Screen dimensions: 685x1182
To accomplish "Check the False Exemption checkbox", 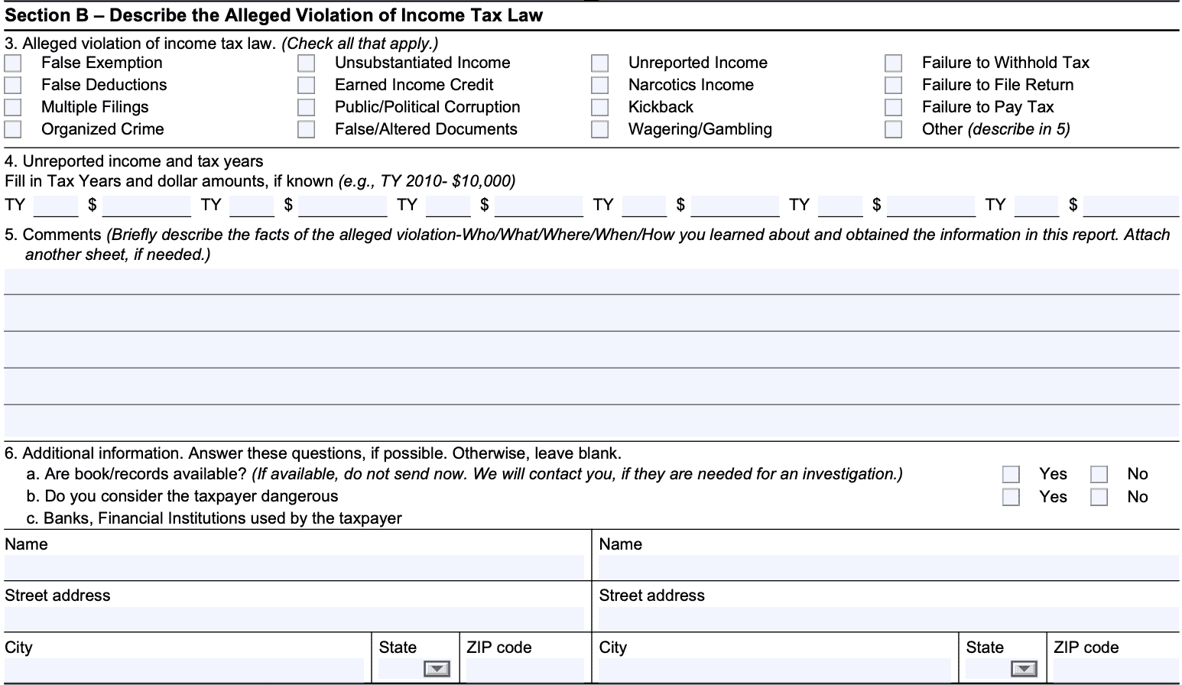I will tap(13, 63).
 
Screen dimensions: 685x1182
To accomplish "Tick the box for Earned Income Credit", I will tap(307, 85).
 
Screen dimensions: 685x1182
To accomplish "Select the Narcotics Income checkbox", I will tap(600, 85).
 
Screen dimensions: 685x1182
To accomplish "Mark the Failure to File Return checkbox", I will tap(893, 85).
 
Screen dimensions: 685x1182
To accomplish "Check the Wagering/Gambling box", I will tap(600, 129).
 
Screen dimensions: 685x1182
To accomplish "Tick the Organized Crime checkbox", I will tap(13, 129).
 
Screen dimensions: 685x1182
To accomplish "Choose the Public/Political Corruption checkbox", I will tap(307, 107).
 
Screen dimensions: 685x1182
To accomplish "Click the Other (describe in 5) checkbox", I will tap(893, 129).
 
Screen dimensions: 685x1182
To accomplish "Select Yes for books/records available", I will tap(1011, 475).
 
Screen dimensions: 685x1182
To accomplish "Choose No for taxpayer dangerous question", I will tap(1099, 497).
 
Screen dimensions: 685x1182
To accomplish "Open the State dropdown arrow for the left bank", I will tap(437, 670).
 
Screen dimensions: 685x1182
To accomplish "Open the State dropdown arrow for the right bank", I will tap(1025, 670).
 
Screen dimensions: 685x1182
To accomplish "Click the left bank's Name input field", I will tap(294, 567).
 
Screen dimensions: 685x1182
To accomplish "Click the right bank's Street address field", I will tap(887, 618).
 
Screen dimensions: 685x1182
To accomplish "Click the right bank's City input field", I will tap(774, 670).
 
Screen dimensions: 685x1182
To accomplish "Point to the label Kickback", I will tap(661, 107).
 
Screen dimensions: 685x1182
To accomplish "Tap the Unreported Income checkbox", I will tap(600, 63).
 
